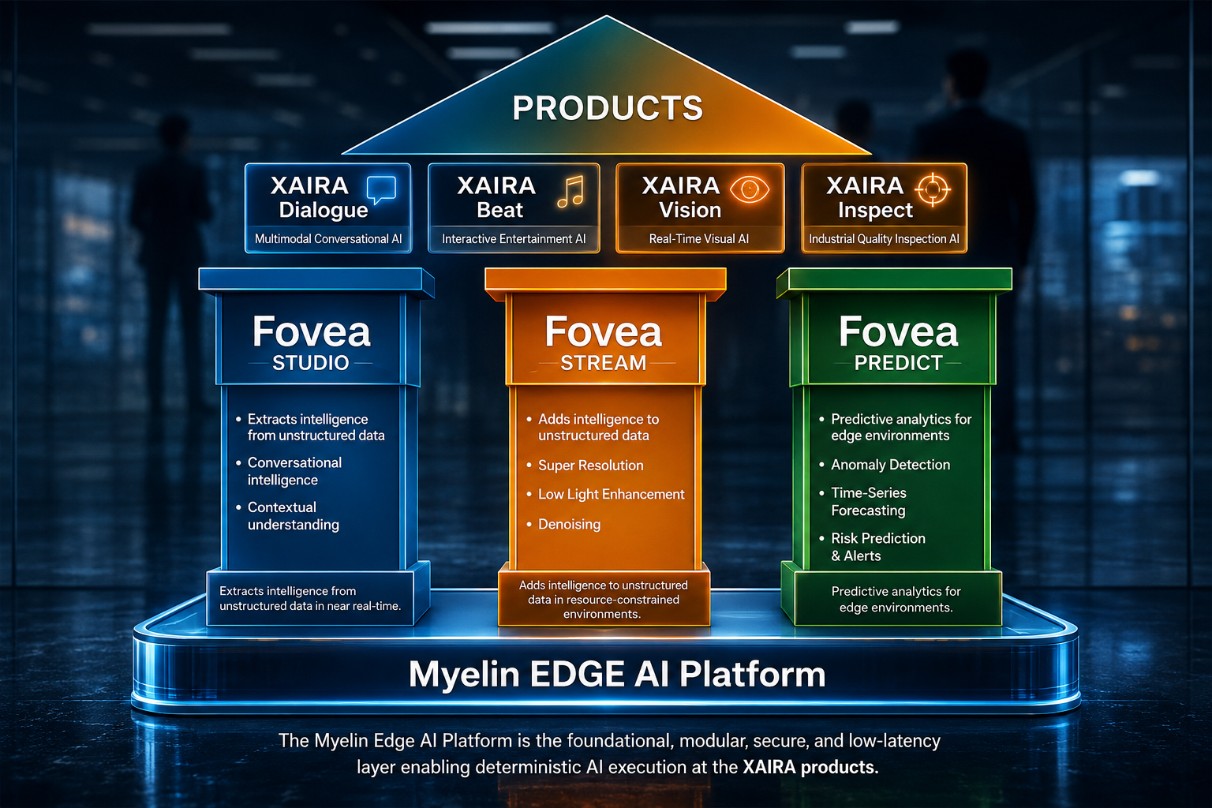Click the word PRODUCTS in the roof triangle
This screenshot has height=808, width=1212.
click(x=608, y=107)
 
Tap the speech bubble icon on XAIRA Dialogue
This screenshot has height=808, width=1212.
click(x=381, y=189)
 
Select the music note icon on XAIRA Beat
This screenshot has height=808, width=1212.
click(x=571, y=191)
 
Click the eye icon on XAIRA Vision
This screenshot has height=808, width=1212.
click(x=750, y=189)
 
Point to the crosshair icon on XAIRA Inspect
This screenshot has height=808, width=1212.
click(x=932, y=189)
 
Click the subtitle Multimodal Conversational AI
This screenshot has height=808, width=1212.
click(x=328, y=238)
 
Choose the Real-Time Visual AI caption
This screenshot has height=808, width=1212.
click(x=699, y=238)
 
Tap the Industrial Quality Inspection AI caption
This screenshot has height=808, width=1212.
click(x=884, y=238)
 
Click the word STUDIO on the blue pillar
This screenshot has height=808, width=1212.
click(x=311, y=363)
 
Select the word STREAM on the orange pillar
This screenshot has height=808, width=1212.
click(x=604, y=363)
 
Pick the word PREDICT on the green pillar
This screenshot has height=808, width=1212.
click(x=898, y=363)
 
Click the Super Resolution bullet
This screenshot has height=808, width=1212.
click(x=590, y=466)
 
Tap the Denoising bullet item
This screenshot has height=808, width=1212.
click(x=569, y=524)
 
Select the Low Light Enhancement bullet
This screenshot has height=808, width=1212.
click(x=612, y=494)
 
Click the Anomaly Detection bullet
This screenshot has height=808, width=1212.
click(x=890, y=464)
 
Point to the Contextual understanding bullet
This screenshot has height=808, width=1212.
click(x=294, y=516)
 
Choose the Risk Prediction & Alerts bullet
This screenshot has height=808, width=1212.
click(x=878, y=547)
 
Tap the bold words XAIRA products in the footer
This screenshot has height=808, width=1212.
click(x=810, y=767)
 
